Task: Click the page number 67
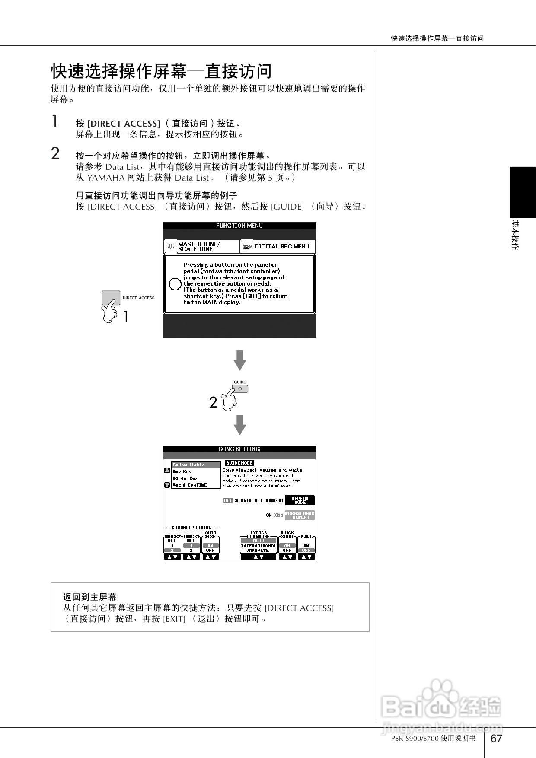pos(497,738)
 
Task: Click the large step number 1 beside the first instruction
pos(55,121)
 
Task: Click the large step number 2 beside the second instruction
pos(55,153)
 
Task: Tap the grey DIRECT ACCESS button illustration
pos(111,298)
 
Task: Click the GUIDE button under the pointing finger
pos(241,389)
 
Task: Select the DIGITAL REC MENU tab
pos(278,246)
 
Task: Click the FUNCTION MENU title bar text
pos(239,226)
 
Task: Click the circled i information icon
pos(175,284)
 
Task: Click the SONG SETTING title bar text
pos(239,449)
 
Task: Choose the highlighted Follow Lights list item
pos(195,465)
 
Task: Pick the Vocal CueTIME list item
pos(190,485)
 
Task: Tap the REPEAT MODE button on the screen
pos(300,500)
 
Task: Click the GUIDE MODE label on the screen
pos(239,463)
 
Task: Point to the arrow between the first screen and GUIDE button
pos(239,360)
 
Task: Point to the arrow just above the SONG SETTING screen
pos(239,424)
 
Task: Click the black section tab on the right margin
pos(523,192)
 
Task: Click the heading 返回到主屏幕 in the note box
pos(90,597)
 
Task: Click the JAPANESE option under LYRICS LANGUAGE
pos(258,551)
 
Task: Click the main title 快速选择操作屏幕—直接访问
pos(162,71)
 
